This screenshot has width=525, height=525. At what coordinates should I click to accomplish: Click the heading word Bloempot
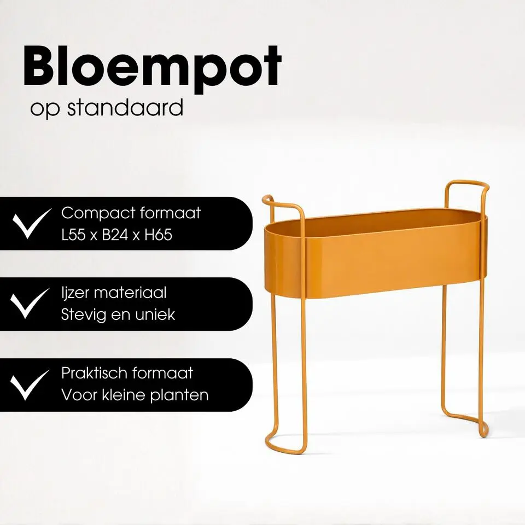[152, 68]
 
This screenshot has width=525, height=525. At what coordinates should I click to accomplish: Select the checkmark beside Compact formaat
[31, 223]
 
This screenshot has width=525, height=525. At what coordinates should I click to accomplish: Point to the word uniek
[155, 315]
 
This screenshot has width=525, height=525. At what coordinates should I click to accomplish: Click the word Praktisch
[93, 374]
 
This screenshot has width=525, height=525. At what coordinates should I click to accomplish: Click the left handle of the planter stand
[282, 205]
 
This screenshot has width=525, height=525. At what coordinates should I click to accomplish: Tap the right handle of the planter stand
[465, 189]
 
